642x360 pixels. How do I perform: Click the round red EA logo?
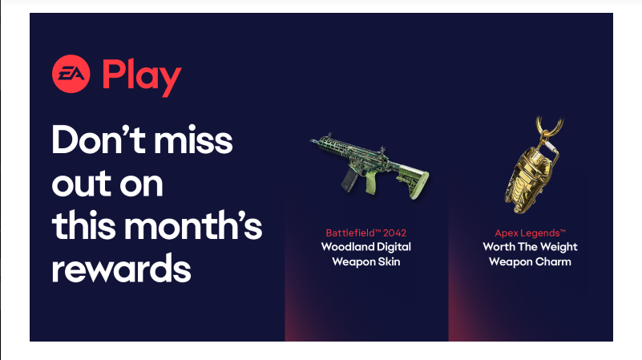(71, 74)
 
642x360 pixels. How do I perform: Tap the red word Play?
(142, 78)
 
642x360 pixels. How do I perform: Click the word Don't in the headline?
(99, 140)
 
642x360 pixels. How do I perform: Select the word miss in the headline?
(193, 140)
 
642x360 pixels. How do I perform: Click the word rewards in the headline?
(121, 269)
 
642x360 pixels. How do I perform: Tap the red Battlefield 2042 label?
(366, 233)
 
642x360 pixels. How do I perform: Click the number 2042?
(394, 233)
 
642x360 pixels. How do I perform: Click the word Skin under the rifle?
(389, 261)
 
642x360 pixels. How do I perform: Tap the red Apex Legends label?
(531, 233)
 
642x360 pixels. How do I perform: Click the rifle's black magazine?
(349, 180)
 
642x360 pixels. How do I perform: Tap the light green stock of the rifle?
(414, 182)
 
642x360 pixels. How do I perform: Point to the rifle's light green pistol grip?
(372, 182)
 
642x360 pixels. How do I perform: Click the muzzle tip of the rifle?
(312, 141)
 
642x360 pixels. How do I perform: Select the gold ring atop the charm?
(550, 127)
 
